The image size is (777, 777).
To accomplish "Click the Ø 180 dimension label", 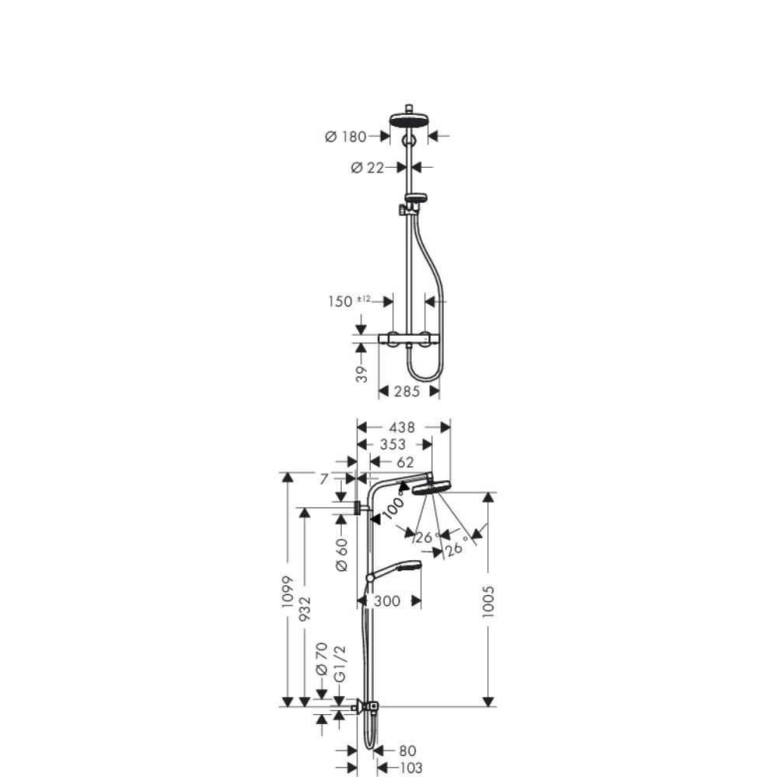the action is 346,136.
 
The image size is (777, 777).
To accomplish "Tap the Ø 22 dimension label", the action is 368,168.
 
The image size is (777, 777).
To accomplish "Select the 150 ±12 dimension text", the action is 350,301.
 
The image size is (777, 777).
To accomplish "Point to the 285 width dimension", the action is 407,392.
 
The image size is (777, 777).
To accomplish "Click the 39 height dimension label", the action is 362,375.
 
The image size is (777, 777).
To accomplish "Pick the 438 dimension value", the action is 402,427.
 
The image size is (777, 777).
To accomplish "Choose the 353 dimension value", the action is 392,444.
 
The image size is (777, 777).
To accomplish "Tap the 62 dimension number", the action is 406,462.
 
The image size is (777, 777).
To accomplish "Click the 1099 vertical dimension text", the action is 288,593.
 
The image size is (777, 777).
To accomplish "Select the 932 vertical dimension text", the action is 305,608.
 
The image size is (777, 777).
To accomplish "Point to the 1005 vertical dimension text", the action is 489,601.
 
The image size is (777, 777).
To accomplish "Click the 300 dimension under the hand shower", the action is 386,601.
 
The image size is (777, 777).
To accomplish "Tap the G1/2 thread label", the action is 340,664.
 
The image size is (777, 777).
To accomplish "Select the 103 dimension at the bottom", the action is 411,768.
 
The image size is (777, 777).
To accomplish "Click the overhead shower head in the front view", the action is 409,120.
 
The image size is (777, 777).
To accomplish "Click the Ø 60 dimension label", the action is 342,555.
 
